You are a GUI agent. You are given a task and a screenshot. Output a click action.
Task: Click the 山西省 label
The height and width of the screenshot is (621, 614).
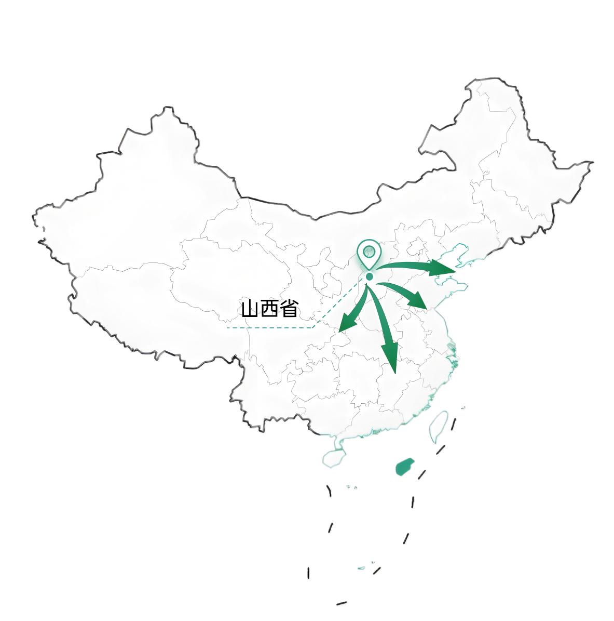point(269,309)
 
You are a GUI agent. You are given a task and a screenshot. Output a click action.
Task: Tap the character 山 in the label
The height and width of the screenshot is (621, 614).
point(250,309)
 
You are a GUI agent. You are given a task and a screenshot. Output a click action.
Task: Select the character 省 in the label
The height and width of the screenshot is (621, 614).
point(289,309)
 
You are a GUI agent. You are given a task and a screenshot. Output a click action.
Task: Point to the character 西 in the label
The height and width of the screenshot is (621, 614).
point(269,309)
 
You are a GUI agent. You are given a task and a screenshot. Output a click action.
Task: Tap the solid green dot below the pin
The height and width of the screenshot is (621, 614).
point(369,277)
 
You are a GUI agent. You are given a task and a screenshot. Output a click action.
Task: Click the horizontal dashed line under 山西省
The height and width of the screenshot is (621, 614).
point(270,328)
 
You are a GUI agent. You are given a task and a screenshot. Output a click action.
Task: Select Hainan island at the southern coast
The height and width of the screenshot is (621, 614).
point(334,457)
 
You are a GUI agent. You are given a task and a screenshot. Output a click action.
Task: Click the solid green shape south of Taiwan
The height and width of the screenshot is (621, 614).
point(404,467)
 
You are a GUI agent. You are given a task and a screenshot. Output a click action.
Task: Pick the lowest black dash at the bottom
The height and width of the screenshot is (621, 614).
point(341,603)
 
